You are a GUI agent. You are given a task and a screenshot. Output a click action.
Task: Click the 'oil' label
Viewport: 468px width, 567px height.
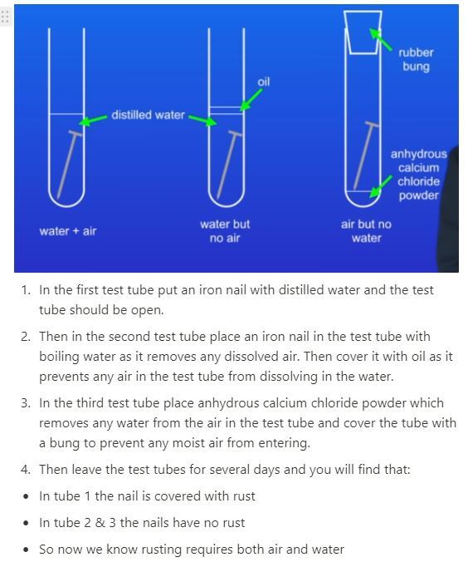[263, 81]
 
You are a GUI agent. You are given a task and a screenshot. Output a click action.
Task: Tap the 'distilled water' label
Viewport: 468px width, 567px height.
[148, 115]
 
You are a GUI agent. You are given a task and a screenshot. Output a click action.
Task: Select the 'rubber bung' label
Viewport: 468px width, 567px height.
[416, 59]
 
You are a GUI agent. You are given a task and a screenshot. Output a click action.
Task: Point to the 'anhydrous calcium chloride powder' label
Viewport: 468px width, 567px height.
[418, 175]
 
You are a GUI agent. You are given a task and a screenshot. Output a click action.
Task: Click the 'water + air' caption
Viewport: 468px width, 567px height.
[68, 230]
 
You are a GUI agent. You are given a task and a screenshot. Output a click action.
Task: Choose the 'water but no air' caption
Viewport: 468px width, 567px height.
[225, 230]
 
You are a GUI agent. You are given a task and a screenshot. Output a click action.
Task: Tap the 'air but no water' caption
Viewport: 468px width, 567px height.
[366, 230]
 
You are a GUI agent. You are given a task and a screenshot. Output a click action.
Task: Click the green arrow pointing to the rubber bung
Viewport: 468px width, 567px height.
[381, 39]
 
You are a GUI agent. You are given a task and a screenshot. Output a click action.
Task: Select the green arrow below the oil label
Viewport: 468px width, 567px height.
[251, 100]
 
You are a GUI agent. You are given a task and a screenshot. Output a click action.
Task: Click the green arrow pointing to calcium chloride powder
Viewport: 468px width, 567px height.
[381, 186]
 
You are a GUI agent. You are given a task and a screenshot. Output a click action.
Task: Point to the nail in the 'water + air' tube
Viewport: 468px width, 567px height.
[69, 164]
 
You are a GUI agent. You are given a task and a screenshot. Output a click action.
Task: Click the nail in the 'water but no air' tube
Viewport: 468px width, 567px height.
[229, 164]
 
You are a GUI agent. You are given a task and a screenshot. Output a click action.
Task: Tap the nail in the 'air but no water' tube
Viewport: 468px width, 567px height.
[366, 155]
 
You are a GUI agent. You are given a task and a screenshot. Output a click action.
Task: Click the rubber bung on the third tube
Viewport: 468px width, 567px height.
[363, 32]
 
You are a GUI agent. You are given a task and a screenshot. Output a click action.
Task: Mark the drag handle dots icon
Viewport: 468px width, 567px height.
[5, 17]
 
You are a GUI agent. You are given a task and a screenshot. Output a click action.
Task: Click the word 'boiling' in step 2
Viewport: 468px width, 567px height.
[59, 357]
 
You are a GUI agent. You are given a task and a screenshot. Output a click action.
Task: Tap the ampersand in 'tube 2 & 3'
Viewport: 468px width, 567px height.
[100, 523]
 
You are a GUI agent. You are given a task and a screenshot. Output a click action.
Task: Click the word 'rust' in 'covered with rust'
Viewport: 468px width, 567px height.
[244, 496]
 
